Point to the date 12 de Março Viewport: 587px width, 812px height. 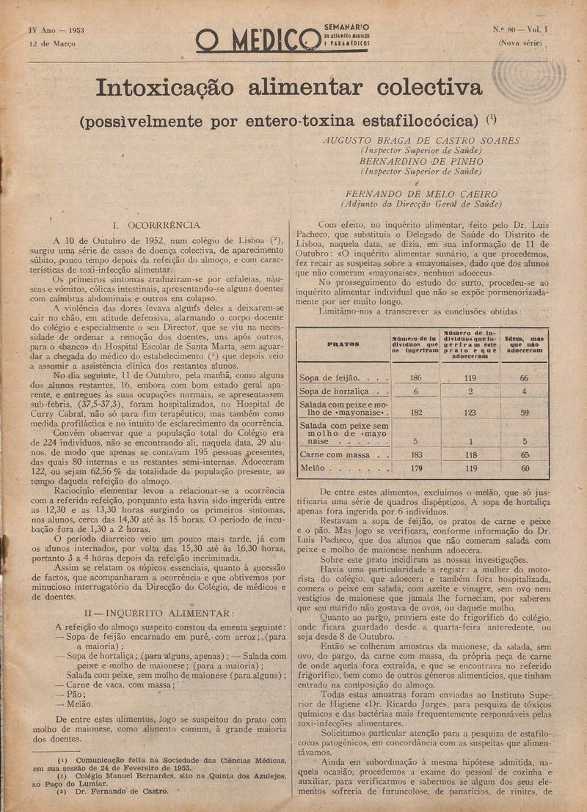pos(53,43)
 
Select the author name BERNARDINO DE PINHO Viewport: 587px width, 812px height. pos(420,161)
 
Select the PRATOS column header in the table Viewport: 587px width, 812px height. pos(342,343)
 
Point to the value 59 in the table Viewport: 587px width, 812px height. pos(524,413)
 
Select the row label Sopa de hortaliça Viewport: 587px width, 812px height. pos(340,391)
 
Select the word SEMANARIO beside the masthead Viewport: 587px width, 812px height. pos(346,28)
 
